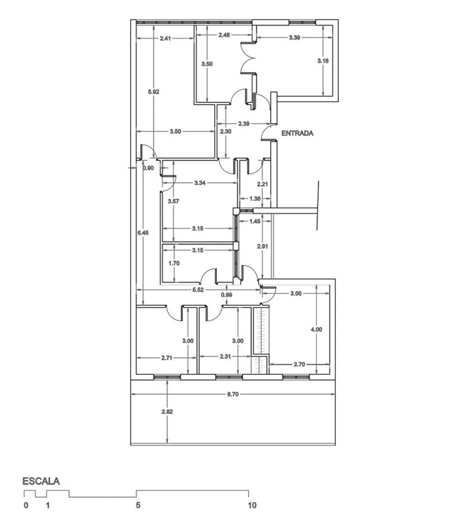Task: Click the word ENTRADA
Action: click(297, 133)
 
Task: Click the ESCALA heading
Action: click(41, 481)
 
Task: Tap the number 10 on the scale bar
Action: click(252, 505)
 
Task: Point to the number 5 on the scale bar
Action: click(138, 505)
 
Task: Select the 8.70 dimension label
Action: click(233, 394)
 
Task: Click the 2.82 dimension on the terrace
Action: click(167, 411)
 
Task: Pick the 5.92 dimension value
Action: click(154, 92)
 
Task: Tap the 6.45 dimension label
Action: click(143, 233)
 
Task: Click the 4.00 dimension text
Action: click(316, 329)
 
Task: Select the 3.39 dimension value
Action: click(294, 37)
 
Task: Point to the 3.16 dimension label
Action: click(323, 60)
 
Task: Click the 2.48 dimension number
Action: click(224, 35)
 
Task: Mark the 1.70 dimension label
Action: click(174, 263)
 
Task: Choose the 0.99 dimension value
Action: click(226, 295)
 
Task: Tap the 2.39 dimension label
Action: click(244, 123)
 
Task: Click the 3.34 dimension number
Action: click(200, 183)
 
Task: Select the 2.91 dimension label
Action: click(262, 246)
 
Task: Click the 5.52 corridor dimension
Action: click(198, 290)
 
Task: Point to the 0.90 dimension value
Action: click(148, 168)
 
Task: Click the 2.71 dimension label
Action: click(166, 358)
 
